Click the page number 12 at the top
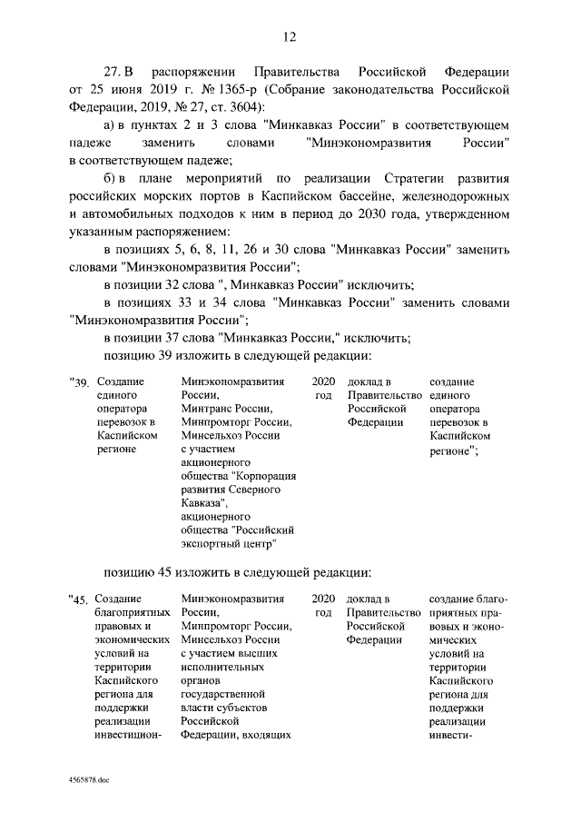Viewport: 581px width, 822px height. (290, 36)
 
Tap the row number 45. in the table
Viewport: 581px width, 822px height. (82, 601)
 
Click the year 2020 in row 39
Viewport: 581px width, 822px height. (323, 383)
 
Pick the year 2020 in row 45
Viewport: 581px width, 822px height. (323, 599)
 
